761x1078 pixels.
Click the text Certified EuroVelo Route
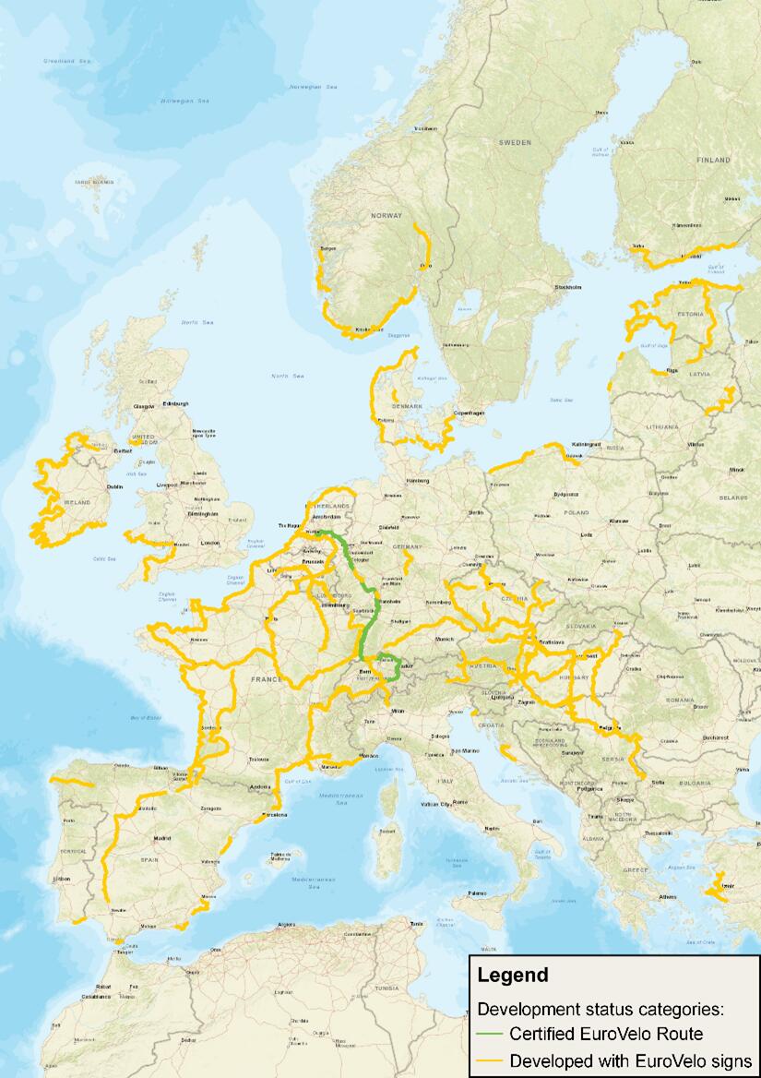606,1035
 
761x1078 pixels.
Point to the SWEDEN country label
516,143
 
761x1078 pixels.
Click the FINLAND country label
712,160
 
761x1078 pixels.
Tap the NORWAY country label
386,215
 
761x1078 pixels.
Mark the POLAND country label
577,511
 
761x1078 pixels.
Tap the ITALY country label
446,782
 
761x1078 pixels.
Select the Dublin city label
115,486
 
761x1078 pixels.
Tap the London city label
209,543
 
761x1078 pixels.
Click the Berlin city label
476,512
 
